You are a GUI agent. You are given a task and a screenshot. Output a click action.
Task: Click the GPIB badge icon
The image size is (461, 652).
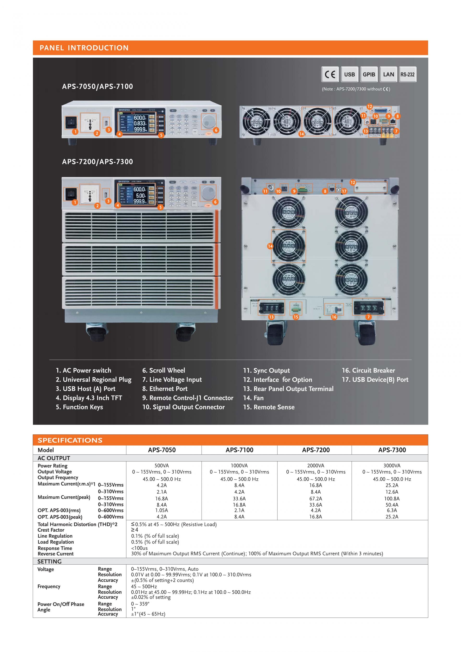[x=369, y=74]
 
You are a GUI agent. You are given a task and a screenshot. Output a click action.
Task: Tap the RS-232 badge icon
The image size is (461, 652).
[x=407, y=74]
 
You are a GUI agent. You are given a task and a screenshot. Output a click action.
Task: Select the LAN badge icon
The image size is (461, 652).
[x=388, y=74]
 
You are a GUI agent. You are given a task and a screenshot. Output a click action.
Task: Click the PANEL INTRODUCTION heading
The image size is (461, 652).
[x=84, y=48]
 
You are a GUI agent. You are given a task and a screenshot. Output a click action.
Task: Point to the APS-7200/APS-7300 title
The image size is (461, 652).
[x=97, y=162]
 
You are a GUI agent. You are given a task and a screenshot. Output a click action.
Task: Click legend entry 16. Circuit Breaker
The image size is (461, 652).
[x=368, y=370]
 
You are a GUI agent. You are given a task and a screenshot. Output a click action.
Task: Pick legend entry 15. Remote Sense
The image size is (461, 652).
[x=269, y=407]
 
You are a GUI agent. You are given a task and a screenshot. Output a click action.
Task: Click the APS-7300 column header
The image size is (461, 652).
[x=392, y=450]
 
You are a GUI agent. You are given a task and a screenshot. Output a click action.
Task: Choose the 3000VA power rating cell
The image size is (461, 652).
[x=392, y=466]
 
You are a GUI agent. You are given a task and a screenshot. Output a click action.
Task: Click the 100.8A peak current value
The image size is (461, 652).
[x=392, y=499]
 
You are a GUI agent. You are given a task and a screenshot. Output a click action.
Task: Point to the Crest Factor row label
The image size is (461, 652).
[x=51, y=530]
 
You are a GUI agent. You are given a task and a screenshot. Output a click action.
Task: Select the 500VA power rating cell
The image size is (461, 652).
[x=162, y=466]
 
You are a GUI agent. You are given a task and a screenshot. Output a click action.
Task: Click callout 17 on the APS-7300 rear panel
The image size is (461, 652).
[x=344, y=191]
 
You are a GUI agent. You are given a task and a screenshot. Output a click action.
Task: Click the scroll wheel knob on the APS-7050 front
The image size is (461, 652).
[x=208, y=121]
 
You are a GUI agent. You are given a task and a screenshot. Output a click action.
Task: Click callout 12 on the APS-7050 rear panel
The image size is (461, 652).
[x=369, y=106]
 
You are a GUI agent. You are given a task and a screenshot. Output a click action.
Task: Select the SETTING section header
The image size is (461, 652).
[x=49, y=561]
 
